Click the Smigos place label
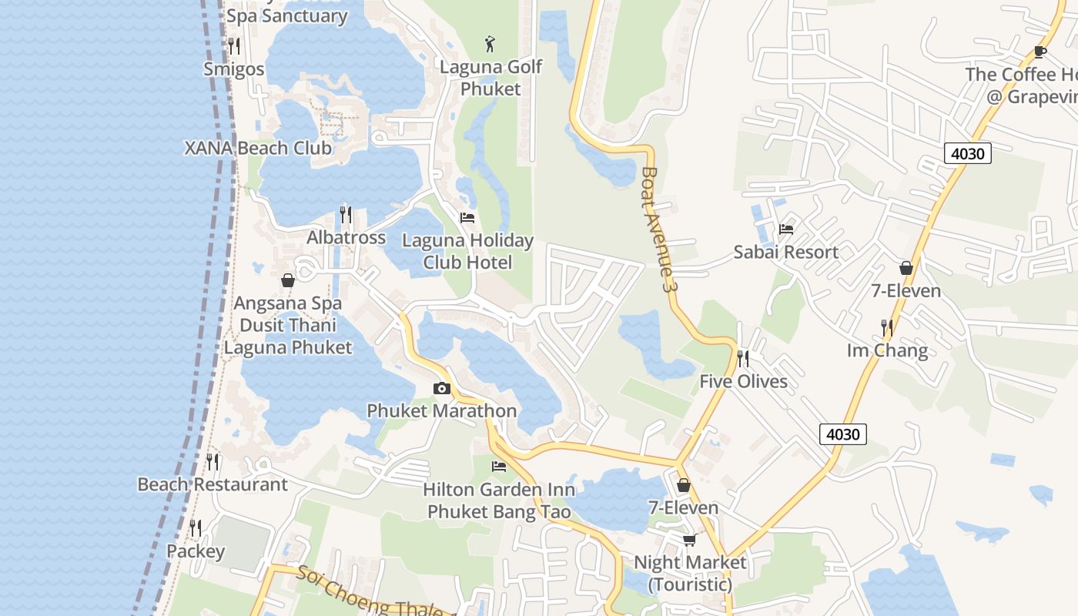(233, 69)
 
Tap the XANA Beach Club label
(258, 148)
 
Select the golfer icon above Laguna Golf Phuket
(490, 44)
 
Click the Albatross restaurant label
(346, 237)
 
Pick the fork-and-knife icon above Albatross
(346, 213)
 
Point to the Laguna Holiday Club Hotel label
(467, 251)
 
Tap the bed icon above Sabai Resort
(786, 229)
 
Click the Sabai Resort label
(785, 252)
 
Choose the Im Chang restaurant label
(887, 351)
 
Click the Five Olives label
(743, 381)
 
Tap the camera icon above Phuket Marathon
(441, 388)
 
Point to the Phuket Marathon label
(441, 410)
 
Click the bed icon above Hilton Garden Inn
(499, 467)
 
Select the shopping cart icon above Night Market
(689, 539)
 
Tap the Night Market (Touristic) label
(690, 573)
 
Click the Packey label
(196, 551)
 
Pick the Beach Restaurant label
(212, 484)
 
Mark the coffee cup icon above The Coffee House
(1039, 52)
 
